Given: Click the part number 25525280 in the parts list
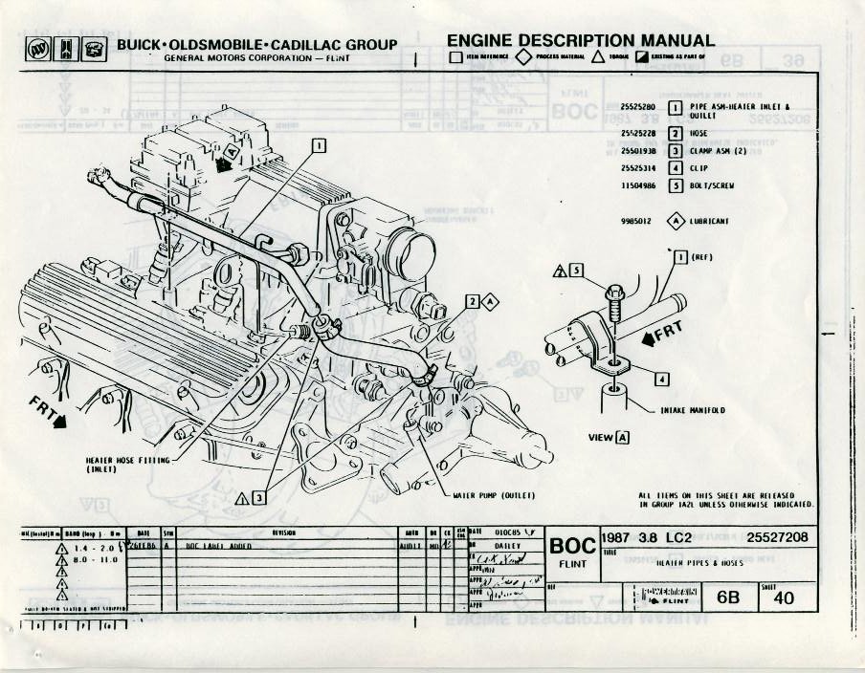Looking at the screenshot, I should pos(637,105).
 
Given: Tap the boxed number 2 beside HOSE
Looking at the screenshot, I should pos(675,134).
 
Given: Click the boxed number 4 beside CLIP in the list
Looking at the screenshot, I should pos(675,168).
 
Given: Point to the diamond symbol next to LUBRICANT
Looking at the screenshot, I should pos(676,221).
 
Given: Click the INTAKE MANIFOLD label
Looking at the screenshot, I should pos(693,410).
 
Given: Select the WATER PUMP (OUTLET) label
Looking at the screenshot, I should pos(493,496).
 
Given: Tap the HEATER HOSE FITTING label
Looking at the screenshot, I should pos(127,464).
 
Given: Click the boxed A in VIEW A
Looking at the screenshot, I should pos(623,438).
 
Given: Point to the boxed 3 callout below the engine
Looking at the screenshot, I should pos(258,496).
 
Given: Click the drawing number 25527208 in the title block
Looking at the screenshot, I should pos(777,537).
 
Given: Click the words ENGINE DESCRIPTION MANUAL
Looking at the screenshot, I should pos(580,40).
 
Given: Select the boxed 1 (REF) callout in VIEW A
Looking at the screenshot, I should pos(681,256).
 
